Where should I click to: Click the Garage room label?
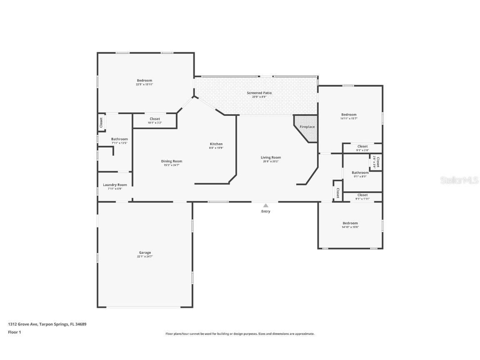(x=145, y=252)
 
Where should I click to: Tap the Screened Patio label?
(x=259, y=93)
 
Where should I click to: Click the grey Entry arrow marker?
(x=265, y=205)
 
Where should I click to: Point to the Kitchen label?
(x=216, y=144)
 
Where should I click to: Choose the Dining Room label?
(x=172, y=161)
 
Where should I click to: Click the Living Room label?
(x=271, y=157)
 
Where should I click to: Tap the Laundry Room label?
(x=115, y=185)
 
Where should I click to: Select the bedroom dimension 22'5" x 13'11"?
(x=145, y=85)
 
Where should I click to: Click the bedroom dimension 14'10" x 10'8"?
(x=350, y=227)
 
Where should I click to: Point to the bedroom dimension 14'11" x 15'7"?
(x=349, y=119)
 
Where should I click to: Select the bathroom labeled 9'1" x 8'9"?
(x=360, y=175)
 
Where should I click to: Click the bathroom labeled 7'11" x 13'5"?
(x=119, y=141)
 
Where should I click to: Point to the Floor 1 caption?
(x=14, y=332)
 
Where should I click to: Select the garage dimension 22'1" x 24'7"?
(x=145, y=256)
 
